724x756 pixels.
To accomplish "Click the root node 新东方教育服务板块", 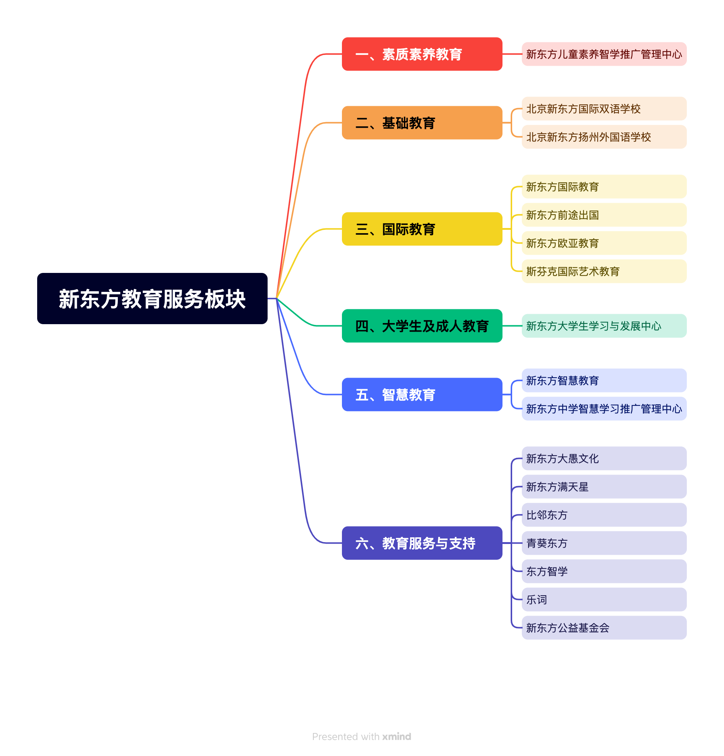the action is (x=152, y=299).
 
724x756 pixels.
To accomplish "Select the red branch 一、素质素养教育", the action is (x=422, y=54).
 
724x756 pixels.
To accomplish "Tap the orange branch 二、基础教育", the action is (x=422, y=123).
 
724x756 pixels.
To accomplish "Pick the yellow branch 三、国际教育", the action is (x=422, y=229).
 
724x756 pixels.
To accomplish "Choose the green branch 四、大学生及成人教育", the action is (x=422, y=326).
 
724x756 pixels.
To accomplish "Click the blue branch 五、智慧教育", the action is (x=422, y=394).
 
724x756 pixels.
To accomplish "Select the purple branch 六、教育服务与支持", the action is (x=422, y=543).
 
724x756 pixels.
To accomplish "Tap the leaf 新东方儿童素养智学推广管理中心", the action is (x=604, y=54).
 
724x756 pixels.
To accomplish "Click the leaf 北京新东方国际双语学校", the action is (x=604, y=109).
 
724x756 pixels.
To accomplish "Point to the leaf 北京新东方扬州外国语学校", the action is (x=604, y=137).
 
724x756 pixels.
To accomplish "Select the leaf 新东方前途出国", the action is (x=604, y=215).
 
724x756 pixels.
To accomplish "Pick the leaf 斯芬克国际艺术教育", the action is (x=604, y=271).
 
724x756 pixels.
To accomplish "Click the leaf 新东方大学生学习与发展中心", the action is (x=604, y=326).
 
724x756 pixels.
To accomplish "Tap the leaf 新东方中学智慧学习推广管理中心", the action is (x=604, y=409).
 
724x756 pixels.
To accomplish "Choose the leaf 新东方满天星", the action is (x=604, y=486).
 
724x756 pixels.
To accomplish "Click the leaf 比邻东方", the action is (x=604, y=515).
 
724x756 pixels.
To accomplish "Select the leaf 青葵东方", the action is (x=604, y=543).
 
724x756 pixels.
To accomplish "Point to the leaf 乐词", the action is (x=604, y=599).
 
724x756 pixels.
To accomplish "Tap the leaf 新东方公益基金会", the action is (x=604, y=628).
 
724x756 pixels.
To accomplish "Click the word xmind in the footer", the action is (x=396, y=736).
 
